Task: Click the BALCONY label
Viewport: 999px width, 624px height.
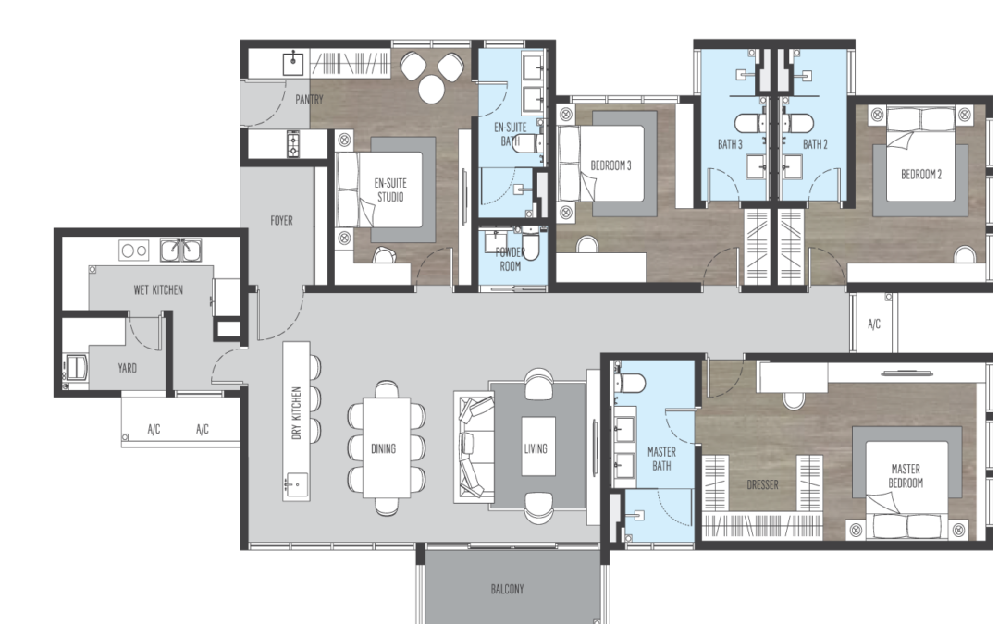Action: (507, 589)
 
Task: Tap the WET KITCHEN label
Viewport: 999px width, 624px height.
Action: (158, 289)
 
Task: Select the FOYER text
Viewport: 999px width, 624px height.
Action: (281, 220)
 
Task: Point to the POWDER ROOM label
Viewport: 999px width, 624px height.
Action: (511, 259)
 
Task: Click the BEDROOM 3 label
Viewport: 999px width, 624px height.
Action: (610, 165)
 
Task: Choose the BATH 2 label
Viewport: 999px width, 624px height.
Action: (815, 144)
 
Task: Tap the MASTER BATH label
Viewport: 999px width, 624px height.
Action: (661, 459)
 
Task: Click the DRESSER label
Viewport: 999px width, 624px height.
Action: (762, 484)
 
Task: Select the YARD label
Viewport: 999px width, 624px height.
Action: (127, 368)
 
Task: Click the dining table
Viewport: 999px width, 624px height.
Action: (387, 447)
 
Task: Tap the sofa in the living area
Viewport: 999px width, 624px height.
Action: (475, 447)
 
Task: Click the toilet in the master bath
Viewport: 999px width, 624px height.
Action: (630, 384)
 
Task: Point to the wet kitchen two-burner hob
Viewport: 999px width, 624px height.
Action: (134, 251)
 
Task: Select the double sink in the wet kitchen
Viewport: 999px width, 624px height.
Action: (180, 250)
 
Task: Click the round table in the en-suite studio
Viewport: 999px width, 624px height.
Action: (431, 89)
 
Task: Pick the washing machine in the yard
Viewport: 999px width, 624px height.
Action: (75, 368)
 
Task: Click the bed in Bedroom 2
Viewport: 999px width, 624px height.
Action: (920, 163)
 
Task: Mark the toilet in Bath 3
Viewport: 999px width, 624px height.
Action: (749, 122)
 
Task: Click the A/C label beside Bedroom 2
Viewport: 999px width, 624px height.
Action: (874, 324)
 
